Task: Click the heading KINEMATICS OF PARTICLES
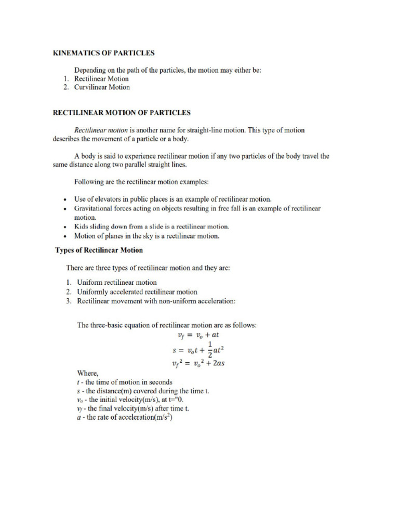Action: [x=104, y=53]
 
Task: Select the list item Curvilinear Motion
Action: [x=102, y=87]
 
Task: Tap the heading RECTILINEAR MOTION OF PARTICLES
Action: [x=122, y=112]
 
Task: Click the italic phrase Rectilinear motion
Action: [x=101, y=130]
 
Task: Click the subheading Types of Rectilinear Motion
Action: [x=99, y=250]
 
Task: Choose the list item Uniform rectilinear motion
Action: [x=116, y=283]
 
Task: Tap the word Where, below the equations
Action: [x=87, y=373]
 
